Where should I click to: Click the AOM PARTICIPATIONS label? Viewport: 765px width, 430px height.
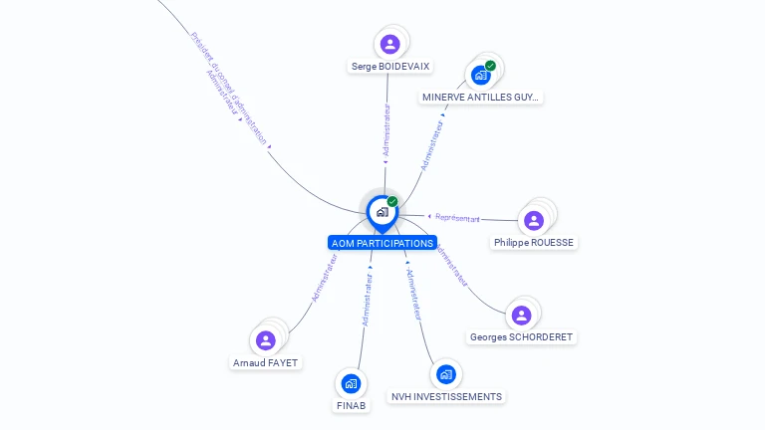[x=382, y=243]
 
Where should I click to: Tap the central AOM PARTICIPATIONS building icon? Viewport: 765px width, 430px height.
[x=382, y=211]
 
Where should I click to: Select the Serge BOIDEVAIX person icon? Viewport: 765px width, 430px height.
[x=389, y=44]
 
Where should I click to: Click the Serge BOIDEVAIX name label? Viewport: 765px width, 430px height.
[x=391, y=67]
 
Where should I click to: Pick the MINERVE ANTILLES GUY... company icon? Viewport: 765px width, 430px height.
[x=481, y=75]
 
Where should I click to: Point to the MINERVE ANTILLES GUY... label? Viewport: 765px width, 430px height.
[x=481, y=98]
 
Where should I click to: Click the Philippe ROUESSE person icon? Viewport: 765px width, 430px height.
[x=533, y=220]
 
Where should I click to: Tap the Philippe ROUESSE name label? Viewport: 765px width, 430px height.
[x=535, y=243]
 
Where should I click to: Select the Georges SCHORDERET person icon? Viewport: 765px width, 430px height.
[x=521, y=315]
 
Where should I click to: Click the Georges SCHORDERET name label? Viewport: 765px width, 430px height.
[x=522, y=337]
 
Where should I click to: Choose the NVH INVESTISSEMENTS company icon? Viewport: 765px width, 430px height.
[x=445, y=374]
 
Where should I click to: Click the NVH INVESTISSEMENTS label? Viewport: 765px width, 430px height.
[x=446, y=397]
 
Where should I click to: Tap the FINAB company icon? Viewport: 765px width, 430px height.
[x=350, y=383]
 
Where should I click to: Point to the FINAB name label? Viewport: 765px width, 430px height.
[x=351, y=406]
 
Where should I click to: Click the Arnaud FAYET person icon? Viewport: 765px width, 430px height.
[x=265, y=340]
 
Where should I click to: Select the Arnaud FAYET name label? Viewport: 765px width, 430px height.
[x=266, y=363]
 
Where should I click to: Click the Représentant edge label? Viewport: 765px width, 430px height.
[x=457, y=218]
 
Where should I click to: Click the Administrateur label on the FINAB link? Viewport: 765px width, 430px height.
[x=368, y=300]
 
